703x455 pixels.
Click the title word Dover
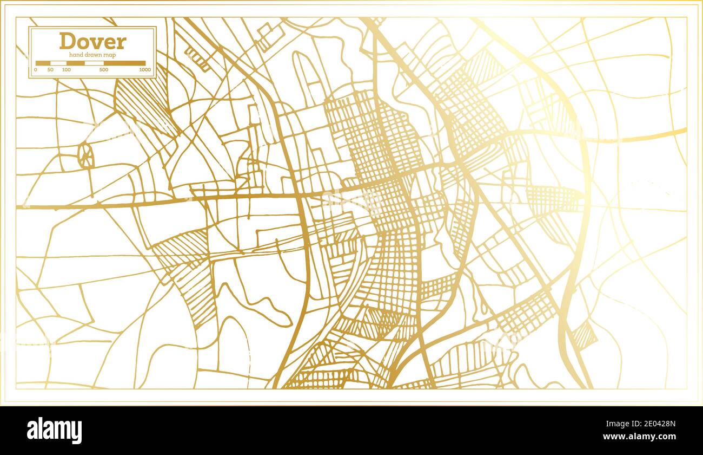[92, 41]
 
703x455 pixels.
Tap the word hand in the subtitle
[76, 55]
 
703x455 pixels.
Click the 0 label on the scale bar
[36, 70]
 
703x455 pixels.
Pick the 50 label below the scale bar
[50, 70]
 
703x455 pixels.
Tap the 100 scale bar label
[66, 70]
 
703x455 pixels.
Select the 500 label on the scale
[104, 70]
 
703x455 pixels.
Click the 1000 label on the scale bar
[144, 70]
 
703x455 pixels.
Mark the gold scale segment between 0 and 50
[43, 63]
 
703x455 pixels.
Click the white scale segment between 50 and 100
[58, 63]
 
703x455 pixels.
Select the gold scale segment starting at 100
[75, 63]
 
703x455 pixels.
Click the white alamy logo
[54, 431]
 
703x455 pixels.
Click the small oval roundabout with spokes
[85, 155]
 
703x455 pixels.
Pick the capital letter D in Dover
[67, 41]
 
